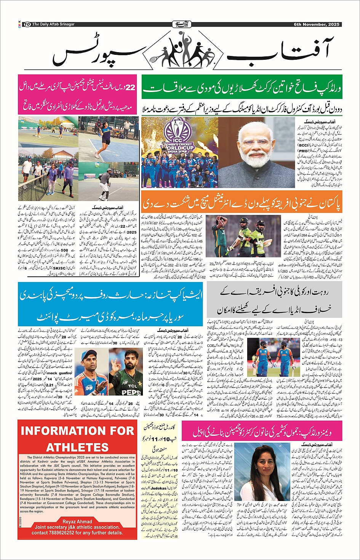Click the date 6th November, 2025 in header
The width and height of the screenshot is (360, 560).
(x=316, y=24)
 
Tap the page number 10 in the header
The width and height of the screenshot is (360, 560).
(x=27, y=24)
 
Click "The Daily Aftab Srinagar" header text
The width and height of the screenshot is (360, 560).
(x=53, y=24)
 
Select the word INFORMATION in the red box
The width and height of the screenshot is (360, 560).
(x=77, y=431)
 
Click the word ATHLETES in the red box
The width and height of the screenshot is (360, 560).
(x=77, y=447)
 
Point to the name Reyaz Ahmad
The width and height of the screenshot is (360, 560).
(x=77, y=521)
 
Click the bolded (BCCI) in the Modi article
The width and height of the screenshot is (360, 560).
(x=304, y=145)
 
